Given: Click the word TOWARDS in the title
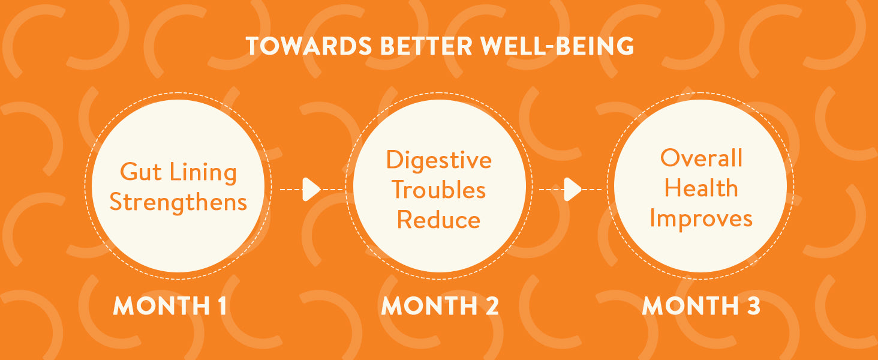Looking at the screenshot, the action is click(309, 46).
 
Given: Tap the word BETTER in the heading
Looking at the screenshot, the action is click(426, 46).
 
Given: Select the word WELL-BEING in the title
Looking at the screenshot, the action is click(557, 46).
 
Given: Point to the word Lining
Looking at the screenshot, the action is click(203, 173).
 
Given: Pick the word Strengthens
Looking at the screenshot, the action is click(178, 202).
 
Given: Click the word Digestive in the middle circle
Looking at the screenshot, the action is click(438, 160).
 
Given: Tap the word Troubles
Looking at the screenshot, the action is click(438, 190).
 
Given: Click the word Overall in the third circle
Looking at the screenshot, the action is click(701, 158).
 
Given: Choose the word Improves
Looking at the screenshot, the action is click(701, 219).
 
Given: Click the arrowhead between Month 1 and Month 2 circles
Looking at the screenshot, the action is click(311, 190).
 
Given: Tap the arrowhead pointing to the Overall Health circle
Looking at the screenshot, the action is click(572, 190).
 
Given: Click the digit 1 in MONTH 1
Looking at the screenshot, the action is click(222, 306).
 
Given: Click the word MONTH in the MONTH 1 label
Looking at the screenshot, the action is click(161, 306).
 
